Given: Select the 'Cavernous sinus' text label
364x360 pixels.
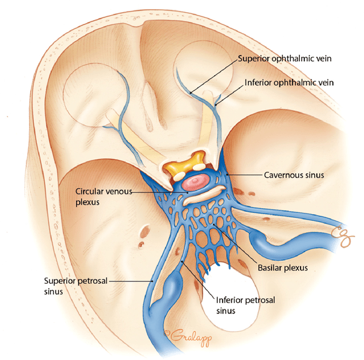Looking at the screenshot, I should (295, 175).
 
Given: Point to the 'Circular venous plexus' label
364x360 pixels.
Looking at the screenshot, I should (99, 196).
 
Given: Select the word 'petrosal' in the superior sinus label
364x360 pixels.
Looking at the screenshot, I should (86, 281).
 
